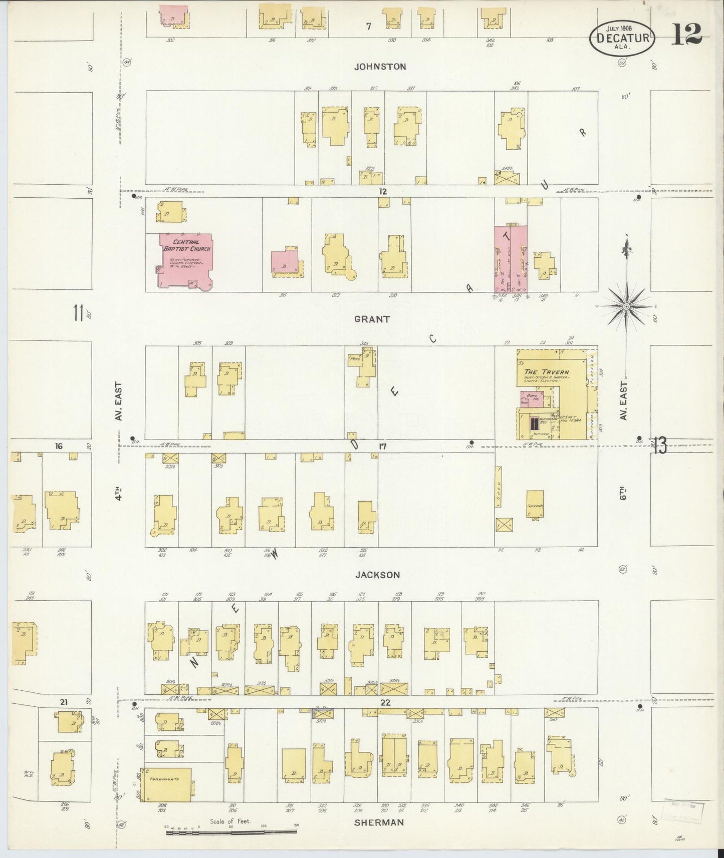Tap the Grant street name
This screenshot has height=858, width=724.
click(x=371, y=319)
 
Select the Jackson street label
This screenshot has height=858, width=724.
click(x=378, y=575)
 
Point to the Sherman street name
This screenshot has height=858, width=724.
click(x=379, y=822)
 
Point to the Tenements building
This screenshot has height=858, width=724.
click(x=168, y=793)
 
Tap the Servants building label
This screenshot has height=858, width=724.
click(x=535, y=506)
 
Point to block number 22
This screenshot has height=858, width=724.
click(x=385, y=702)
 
